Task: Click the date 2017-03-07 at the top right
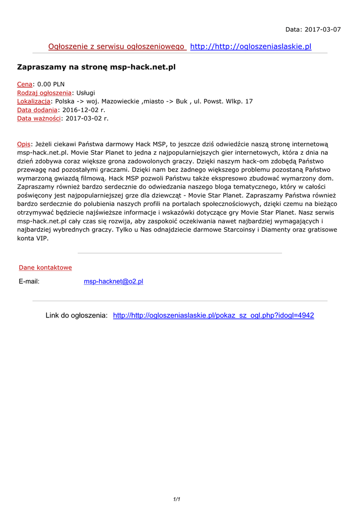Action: click(x=323, y=29)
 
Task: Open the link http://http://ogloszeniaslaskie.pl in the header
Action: click(x=251, y=47)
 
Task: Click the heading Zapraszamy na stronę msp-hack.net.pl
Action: click(x=96, y=66)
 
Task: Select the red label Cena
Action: click(x=25, y=84)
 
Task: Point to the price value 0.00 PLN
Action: click(x=51, y=84)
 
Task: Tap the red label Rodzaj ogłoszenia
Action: click(x=44, y=93)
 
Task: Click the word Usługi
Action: click(x=85, y=93)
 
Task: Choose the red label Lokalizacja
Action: click(x=34, y=101)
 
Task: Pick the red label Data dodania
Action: click(x=37, y=110)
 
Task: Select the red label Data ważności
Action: click(x=39, y=118)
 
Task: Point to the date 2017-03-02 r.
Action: click(x=86, y=118)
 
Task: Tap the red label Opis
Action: click(x=24, y=144)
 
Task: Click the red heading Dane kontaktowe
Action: click(x=45, y=267)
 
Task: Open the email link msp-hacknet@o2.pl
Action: click(x=113, y=281)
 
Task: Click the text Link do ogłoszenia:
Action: click(x=76, y=316)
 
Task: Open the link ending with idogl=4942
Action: click(x=214, y=316)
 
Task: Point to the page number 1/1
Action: click(x=176, y=499)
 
